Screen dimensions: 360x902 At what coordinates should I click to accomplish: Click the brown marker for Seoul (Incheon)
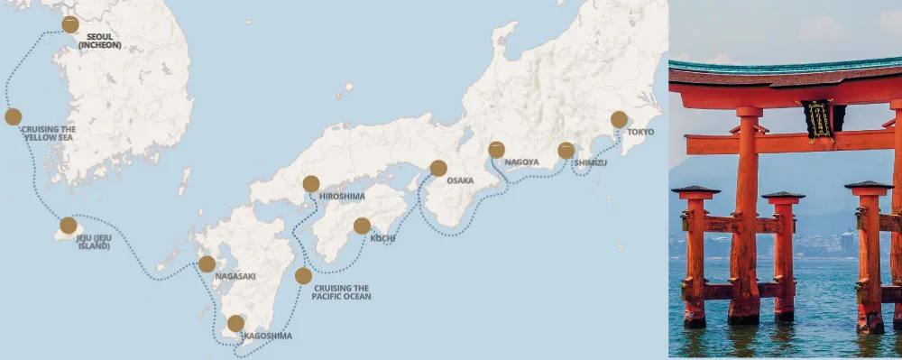tap(70, 25)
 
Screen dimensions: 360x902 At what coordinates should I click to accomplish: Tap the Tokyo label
tap(640, 132)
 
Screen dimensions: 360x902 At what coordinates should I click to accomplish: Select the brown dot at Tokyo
tap(619, 119)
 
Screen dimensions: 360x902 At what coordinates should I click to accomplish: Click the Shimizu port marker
tap(566, 151)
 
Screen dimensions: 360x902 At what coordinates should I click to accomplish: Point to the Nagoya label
tap(521, 162)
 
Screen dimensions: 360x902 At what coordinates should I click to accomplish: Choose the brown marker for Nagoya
tap(497, 150)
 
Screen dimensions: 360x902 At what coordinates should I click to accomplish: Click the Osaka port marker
tap(438, 168)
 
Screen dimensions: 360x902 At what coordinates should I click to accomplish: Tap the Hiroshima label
tap(342, 196)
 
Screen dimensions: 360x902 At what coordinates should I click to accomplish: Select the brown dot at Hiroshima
tap(311, 184)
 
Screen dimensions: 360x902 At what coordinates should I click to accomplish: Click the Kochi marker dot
tap(362, 226)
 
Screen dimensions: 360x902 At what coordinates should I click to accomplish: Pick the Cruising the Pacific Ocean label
tap(341, 292)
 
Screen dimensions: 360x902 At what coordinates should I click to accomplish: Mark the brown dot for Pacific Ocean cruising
tap(303, 276)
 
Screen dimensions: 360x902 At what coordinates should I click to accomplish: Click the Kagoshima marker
tap(235, 323)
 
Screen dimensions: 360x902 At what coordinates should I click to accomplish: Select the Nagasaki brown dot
tap(207, 264)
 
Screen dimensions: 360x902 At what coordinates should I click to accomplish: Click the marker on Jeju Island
tap(69, 226)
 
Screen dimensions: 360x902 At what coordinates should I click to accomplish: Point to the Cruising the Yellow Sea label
tap(48, 134)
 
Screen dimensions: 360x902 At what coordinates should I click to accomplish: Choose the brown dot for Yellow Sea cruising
tap(13, 116)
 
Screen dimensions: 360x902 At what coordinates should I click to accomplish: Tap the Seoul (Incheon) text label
tap(99, 41)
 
